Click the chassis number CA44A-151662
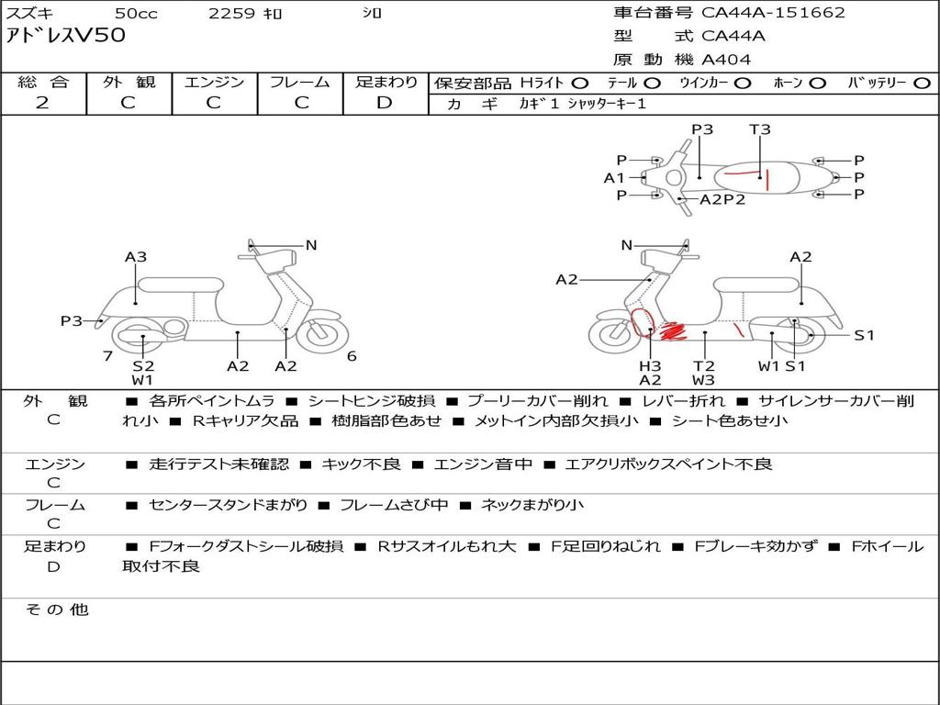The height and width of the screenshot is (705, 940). coord(773,13)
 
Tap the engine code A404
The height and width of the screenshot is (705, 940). coord(726,60)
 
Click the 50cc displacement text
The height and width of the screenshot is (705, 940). coord(135,13)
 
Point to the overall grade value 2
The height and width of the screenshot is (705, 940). coord(42,103)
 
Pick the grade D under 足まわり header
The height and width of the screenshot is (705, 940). coord(385,103)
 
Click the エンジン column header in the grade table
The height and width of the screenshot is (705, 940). coord(214,82)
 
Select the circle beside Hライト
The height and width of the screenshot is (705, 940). coord(580,83)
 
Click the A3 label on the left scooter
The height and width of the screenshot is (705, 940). coord(136,257)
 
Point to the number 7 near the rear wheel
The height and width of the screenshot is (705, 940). coord(107,356)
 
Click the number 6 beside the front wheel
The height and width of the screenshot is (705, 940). coord(352,356)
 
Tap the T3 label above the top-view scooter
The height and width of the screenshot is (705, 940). coord(760,129)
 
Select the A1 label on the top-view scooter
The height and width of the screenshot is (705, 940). coord(614,178)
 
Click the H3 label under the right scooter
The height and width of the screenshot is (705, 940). coord(650,365)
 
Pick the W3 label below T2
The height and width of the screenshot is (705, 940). coord(704,380)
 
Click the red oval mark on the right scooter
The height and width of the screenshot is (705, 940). coord(643,322)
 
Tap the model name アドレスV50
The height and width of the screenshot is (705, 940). coord(66,37)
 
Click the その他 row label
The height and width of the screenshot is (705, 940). coord(56,610)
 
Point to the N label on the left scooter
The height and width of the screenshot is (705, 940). coord(311,245)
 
